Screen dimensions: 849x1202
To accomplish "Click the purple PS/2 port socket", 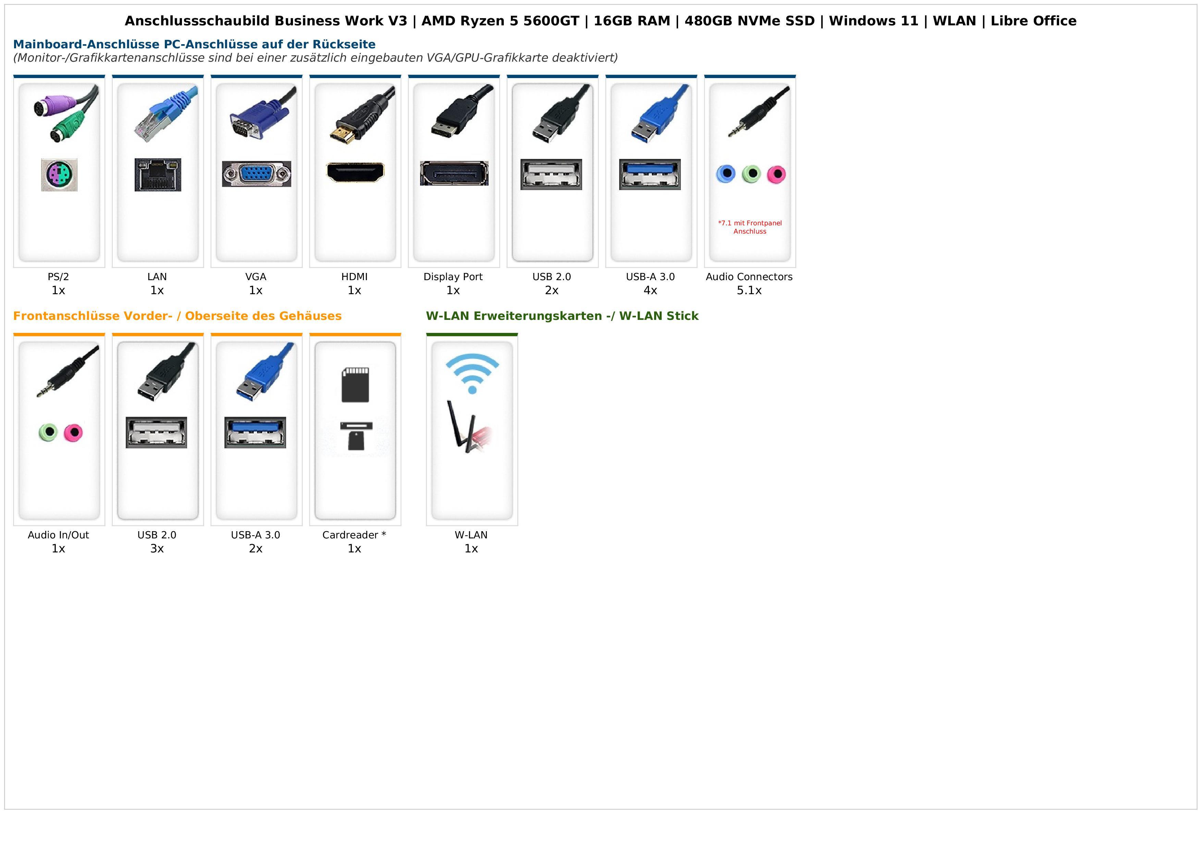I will [x=59, y=175].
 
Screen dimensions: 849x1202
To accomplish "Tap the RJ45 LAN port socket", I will [x=158, y=175].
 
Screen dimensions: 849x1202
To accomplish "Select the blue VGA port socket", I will [x=257, y=174].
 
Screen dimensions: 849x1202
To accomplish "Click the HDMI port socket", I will [x=355, y=172].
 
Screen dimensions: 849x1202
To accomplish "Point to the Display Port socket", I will [x=454, y=173].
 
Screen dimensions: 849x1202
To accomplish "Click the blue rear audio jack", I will [x=726, y=174].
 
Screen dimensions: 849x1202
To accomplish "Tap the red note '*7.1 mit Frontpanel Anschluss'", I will [x=750, y=227].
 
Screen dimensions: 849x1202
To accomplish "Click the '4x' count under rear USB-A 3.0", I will [x=650, y=290].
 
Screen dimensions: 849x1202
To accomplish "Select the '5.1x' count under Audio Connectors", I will [x=749, y=290].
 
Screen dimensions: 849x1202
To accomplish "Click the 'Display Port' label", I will [x=453, y=277].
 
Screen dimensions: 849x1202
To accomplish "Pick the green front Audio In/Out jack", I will [x=48, y=432].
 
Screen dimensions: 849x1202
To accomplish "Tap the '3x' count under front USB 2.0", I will [x=157, y=548].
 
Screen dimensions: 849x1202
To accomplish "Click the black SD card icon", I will [x=355, y=385].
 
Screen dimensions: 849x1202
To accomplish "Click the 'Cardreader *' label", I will [x=354, y=535].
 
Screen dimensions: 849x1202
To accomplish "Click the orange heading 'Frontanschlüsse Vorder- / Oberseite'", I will [x=177, y=316].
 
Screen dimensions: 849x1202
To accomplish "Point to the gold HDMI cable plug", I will [x=343, y=135].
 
